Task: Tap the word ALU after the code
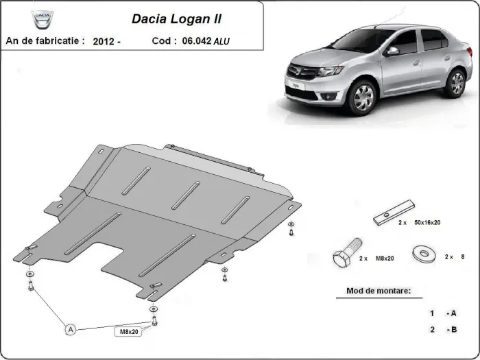pos(222,41)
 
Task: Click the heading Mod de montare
pos(374,291)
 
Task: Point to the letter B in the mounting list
pos(453,329)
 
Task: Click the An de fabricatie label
pos(45,41)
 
